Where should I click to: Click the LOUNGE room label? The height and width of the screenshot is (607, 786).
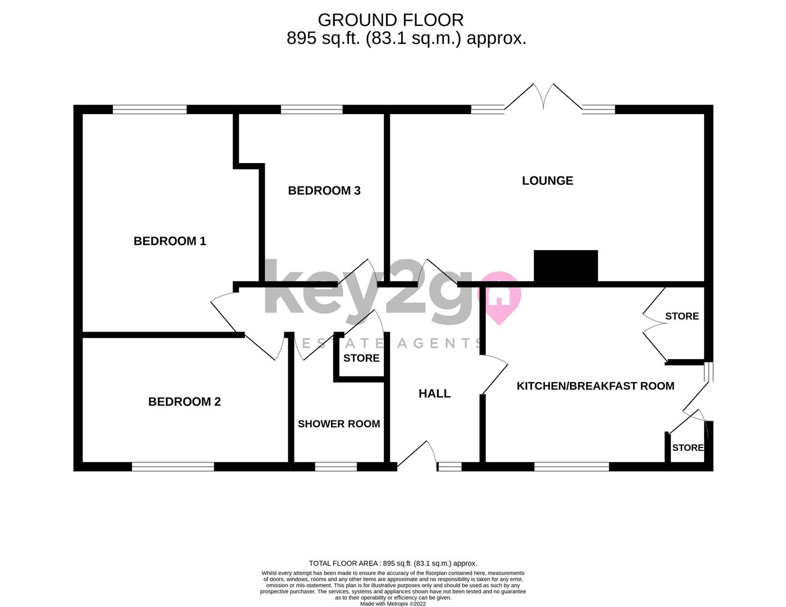click(x=547, y=180)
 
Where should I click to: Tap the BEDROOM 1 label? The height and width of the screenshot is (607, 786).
click(x=170, y=241)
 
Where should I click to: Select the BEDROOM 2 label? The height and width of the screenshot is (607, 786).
click(x=184, y=402)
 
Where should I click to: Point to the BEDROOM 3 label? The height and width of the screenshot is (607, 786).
click(x=324, y=191)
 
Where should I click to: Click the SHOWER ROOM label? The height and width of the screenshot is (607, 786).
click(x=339, y=424)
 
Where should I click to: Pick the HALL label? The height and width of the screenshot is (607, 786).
click(x=434, y=393)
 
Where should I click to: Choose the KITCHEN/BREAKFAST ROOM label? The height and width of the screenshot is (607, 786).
click(x=595, y=386)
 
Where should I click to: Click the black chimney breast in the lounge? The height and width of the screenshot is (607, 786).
click(x=565, y=265)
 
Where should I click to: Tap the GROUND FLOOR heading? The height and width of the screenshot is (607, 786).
click(x=390, y=20)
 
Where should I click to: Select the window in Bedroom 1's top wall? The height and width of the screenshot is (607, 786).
click(x=149, y=110)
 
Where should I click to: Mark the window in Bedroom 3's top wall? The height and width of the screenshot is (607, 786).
click(x=311, y=110)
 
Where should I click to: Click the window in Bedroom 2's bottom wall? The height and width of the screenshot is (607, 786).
click(x=173, y=466)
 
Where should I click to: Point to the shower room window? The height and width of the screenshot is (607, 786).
click(x=336, y=466)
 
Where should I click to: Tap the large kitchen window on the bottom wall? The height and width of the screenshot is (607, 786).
click(x=571, y=466)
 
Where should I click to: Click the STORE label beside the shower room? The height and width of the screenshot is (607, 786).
click(x=361, y=358)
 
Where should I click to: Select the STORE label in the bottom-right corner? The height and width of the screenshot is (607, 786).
click(x=688, y=448)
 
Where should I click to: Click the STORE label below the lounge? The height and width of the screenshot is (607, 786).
click(x=681, y=316)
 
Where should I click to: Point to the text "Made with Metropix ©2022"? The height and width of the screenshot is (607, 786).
click(x=393, y=604)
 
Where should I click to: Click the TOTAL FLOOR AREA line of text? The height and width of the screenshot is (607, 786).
click(x=393, y=563)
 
